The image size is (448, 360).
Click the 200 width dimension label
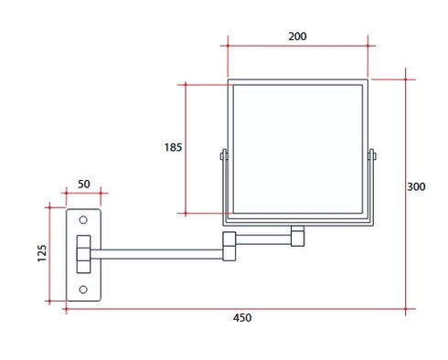296,37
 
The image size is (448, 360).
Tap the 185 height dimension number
174,146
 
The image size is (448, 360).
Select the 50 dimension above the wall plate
83,184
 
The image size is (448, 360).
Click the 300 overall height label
416,187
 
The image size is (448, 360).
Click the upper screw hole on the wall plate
83,220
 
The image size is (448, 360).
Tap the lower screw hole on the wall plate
83,290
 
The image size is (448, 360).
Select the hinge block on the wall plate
84,254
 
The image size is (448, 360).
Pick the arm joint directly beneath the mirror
296,236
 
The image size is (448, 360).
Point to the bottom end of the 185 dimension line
186,214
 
